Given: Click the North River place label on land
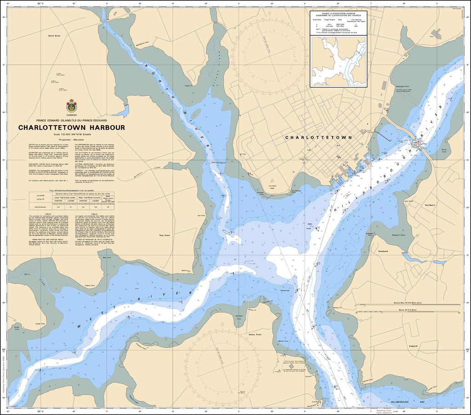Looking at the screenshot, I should click(x=54, y=35).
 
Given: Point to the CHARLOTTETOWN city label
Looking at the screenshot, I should click(x=318, y=138).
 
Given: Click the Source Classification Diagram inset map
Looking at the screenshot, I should click(x=339, y=61).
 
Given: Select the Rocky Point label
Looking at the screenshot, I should click(x=255, y=334).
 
